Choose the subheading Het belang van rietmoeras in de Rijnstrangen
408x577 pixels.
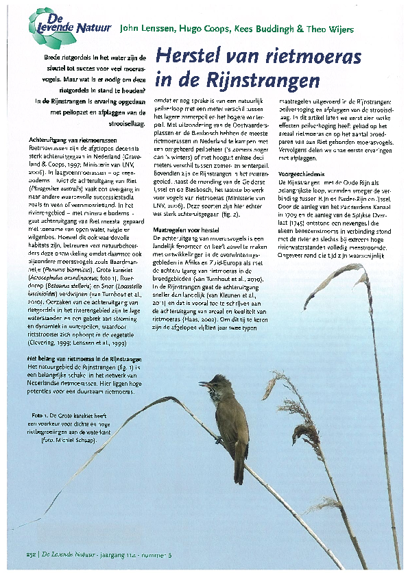84,360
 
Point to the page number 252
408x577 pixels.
31,554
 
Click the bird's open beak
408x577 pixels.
204,384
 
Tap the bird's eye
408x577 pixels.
215,381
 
